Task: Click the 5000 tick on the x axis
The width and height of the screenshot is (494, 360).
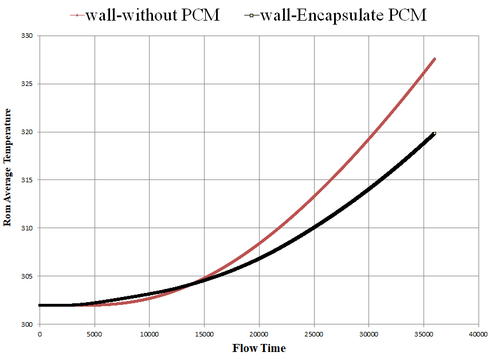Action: (x=94, y=334)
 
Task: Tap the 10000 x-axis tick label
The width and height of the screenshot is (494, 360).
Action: (x=149, y=334)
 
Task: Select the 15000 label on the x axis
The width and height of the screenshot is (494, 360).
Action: (x=204, y=334)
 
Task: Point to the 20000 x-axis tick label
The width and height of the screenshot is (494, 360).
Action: (x=259, y=334)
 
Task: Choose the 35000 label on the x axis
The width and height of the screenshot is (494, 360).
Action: (x=424, y=334)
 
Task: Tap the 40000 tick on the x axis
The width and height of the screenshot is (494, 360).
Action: (x=479, y=334)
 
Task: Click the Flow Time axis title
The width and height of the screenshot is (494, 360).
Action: (x=258, y=348)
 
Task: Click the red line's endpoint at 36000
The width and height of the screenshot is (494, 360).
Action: (x=434, y=59)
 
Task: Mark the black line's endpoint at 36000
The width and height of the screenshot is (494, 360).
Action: (x=434, y=134)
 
